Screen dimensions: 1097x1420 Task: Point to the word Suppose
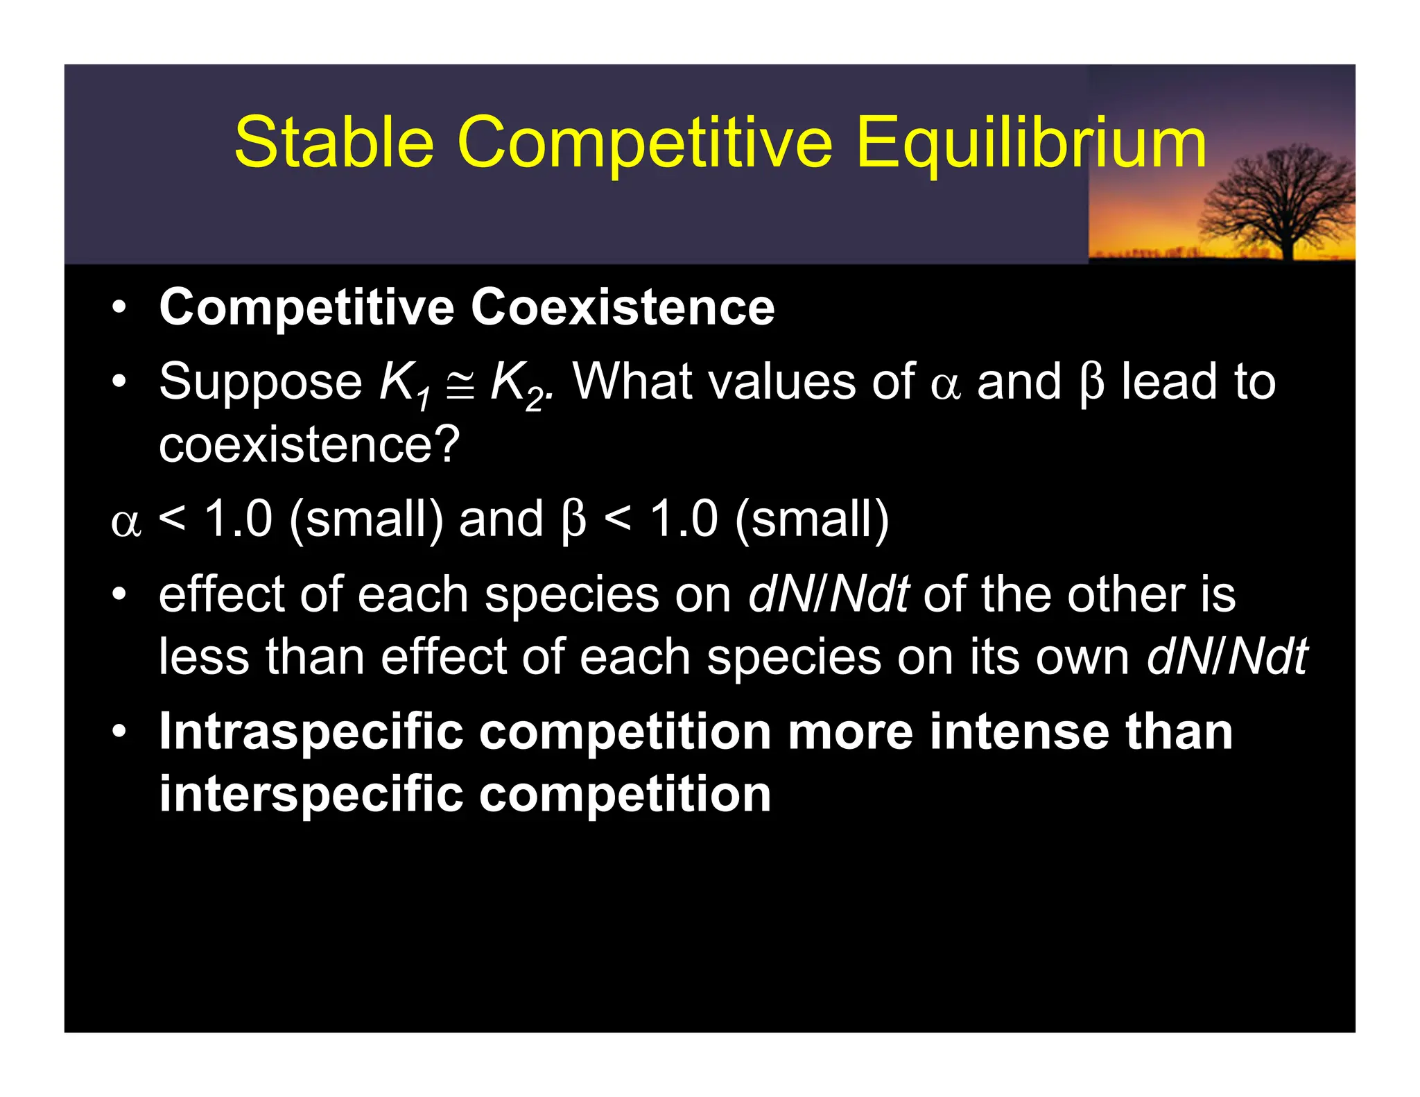tap(260, 383)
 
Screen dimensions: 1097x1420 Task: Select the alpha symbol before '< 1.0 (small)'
tap(125, 521)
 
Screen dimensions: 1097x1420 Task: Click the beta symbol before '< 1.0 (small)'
tap(573, 520)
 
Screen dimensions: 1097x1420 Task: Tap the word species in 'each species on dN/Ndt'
tap(571, 595)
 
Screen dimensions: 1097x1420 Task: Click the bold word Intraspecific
tap(311, 732)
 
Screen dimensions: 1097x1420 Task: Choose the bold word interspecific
tap(311, 794)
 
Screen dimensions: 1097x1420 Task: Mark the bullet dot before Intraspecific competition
tap(119, 732)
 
